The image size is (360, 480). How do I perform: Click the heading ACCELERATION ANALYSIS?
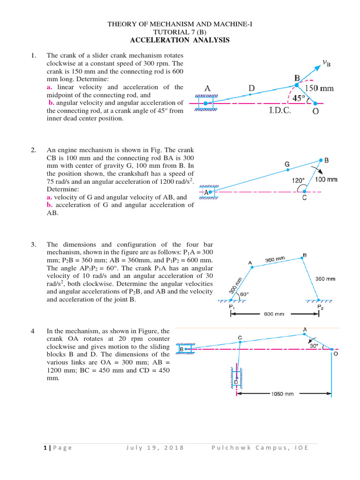click(x=180, y=40)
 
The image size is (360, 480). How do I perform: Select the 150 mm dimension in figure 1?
click(x=321, y=88)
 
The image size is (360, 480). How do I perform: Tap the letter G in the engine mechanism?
click(x=287, y=164)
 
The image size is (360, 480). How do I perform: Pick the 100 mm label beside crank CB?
click(x=326, y=179)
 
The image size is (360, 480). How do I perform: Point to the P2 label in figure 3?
click(x=320, y=307)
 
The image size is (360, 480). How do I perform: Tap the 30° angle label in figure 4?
click(x=313, y=345)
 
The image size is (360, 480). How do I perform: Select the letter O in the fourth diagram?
click(x=336, y=354)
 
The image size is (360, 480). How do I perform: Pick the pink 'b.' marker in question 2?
click(x=49, y=205)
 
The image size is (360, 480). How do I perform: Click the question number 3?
click(x=33, y=245)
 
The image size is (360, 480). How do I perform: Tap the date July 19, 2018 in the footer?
click(x=155, y=448)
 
